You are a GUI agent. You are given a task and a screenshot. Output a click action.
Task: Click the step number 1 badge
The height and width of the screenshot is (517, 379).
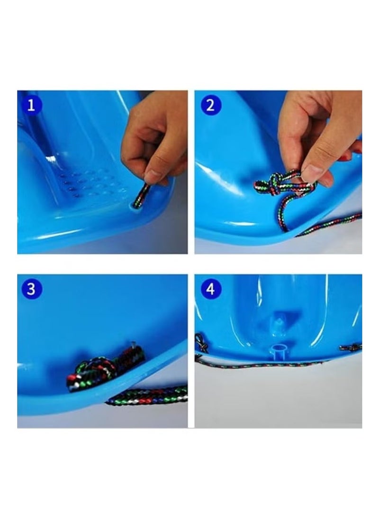pos(31,105)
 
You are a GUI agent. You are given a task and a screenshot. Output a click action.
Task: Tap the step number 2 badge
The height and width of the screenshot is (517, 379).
pos(210,105)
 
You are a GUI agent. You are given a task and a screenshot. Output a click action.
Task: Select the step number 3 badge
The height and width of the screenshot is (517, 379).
pos(31,289)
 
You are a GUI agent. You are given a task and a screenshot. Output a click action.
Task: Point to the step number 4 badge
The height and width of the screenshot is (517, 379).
pos(210,289)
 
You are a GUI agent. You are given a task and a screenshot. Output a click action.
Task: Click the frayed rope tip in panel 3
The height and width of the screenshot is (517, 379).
pos(133,345)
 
